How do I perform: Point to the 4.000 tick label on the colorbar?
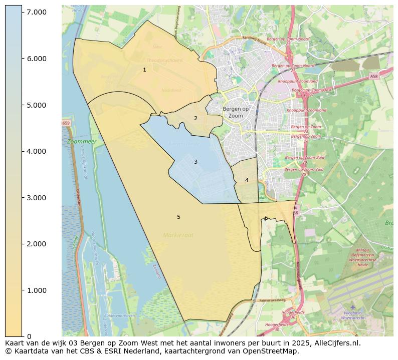click(x=37, y=151)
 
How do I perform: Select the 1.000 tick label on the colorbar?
click(x=37, y=290)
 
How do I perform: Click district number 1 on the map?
click(x=144, y=70)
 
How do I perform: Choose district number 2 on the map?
click(x=195, y=119)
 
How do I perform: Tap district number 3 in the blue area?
click(x=195, y=162)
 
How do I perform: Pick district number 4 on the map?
click(x=247, y=180)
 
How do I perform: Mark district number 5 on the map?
click(x=178, y=217)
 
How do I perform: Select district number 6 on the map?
click(x=266, y=218)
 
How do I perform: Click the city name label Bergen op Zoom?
click(x=236, y=112)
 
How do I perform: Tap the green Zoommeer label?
click(x=81, y=142)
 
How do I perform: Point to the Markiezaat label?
click(x=178, y=235)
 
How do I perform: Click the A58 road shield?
click(x=373, y=77)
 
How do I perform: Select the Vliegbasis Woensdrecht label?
click(x=352, y=315)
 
